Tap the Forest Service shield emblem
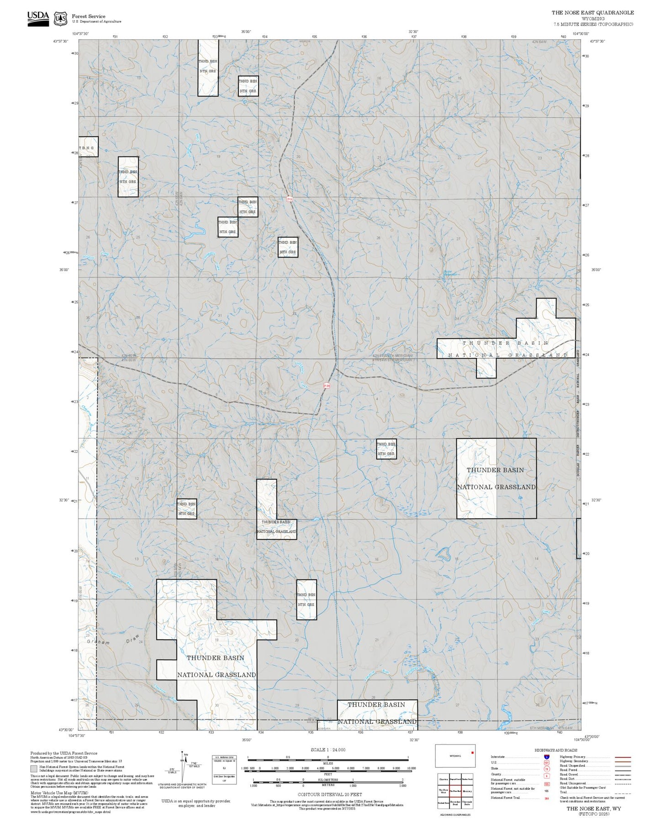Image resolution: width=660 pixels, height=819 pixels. pos(60,19)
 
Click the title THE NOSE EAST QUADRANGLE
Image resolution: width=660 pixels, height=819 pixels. pos(592,13)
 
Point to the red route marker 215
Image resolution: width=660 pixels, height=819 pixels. pos(289,199)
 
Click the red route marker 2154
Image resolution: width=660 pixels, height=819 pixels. pos(326,385)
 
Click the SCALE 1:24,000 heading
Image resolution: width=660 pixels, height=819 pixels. pos(327,750)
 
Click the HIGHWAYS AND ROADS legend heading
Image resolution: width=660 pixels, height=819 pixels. pos(555,750)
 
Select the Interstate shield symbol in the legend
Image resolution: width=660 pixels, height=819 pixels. pos(546,757)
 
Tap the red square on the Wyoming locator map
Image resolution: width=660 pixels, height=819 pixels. pos(472,752)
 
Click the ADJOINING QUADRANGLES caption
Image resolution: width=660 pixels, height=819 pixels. pos(455,814)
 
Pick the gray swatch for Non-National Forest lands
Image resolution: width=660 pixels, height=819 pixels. pos(34,769)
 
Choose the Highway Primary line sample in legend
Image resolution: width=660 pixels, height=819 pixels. pos(623,757)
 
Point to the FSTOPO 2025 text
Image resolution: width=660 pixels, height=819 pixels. pos(593,814)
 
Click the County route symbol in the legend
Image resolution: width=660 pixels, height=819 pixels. pos(546,776)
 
